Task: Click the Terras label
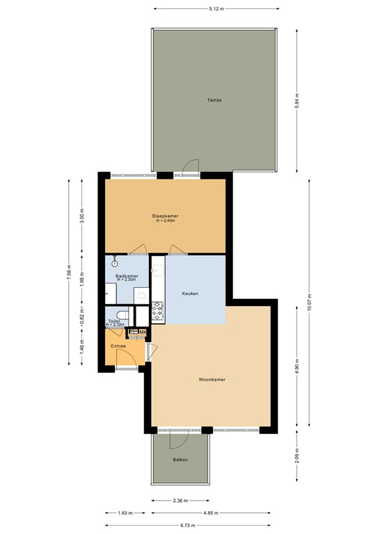coord(214,100)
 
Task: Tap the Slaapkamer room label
coord(166,216)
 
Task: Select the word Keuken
coord(190,293)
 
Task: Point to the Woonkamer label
coord(212,380)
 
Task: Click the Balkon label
coord(180,460)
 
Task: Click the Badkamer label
coord(127,276)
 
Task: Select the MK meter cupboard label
coord(143,332)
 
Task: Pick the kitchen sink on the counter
coord(157,271)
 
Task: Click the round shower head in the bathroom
coord(114,264)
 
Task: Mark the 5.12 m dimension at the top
coord(215,9)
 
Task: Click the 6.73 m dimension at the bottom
coord(188,525)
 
